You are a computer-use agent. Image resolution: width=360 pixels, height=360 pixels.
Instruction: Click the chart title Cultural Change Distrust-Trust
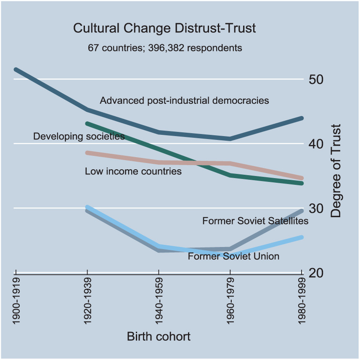(164, 29)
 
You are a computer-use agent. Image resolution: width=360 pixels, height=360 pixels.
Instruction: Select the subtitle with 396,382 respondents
(165, 47)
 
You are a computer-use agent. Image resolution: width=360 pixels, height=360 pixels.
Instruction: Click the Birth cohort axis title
(159, 336)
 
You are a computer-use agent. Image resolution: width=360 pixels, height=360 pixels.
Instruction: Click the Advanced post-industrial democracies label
(184, 101)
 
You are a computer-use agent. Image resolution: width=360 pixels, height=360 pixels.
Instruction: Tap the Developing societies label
(79, 137)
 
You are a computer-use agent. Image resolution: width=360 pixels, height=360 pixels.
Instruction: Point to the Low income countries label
(133, 171)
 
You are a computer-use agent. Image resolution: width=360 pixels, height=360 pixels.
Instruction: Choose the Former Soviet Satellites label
(256, 221)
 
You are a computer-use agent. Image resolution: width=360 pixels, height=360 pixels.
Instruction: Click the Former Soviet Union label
(233, 256)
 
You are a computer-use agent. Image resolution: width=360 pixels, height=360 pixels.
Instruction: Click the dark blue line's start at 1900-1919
(16, 69)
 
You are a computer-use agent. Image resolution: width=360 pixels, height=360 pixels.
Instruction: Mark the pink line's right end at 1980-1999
(301, 178)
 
